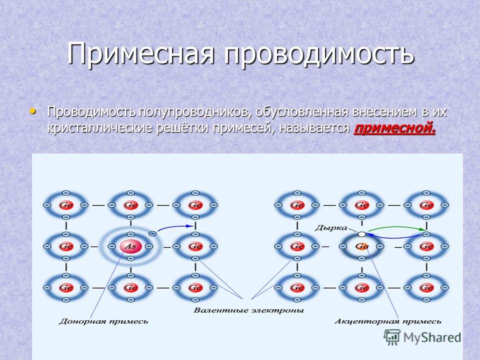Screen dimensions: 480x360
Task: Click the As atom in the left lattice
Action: point(130,246)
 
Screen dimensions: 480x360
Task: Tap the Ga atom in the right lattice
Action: point(362,246)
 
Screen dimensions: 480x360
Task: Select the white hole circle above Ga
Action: point(362,234)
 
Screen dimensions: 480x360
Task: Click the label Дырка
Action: point(331,228)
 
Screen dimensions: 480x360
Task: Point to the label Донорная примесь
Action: point(103,321)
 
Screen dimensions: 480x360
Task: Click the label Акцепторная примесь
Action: point(388,321)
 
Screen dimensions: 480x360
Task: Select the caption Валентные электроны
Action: point(248,310)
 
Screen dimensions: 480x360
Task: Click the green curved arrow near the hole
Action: point(396,227)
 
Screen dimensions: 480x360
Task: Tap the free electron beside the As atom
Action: point(152,234)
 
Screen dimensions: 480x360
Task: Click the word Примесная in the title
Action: point(140,52)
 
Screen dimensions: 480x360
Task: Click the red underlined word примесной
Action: point(394,128)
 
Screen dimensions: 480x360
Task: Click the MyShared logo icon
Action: point(392,337)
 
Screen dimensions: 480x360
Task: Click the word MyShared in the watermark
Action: point(432,337)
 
